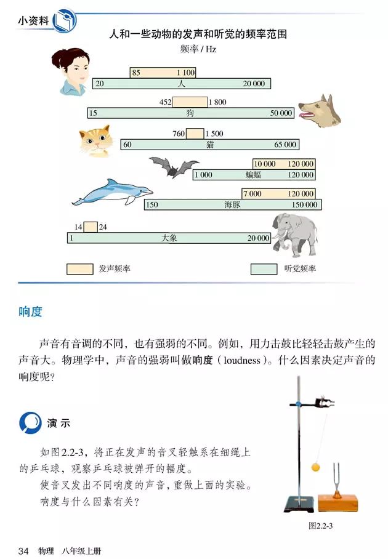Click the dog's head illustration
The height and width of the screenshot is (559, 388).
pyautogui.click(x=319, y=110)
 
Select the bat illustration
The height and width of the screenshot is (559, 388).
pyautogui.click(x=174, y=166)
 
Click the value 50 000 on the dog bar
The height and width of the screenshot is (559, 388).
pyautogui.click(x=281, y=113)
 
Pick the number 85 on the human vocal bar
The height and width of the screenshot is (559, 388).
pyautogui.click(x=136, y=73)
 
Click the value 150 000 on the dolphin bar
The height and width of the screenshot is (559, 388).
pyautogui.click(x=305, y=205)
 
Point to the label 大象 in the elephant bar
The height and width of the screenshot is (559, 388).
pyautogui.click(x=169, y=238)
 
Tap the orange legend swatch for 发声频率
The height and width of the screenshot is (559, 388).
pyautogui.click(x=79, y=269)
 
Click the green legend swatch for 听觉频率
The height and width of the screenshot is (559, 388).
pyautogui.click(x=264, y=269)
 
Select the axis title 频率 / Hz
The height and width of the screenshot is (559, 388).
pyautogui.click(x=198, y=49)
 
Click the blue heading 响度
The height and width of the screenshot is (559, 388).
pyautogui.click(x=31, y=312)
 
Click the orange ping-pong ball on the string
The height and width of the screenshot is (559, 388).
pyautogui.click(x=316, y=467)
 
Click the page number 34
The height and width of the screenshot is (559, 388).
pyautogui.click(x=24, y=550)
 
